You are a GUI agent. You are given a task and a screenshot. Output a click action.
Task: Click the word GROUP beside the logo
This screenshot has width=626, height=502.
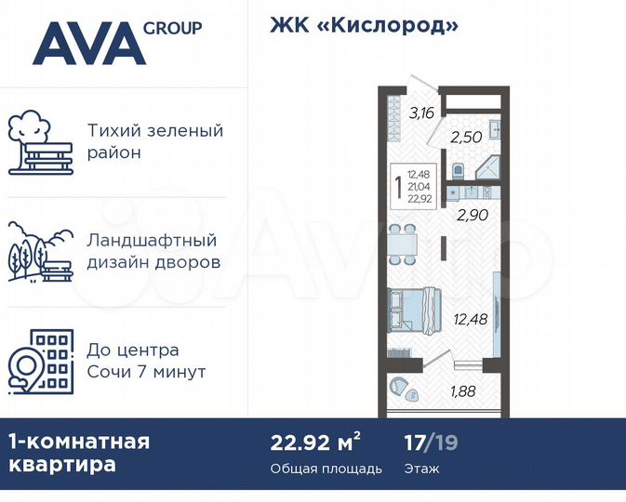[x=173, y=28]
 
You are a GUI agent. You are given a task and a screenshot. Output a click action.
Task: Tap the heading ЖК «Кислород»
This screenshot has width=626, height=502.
[x=364, y=25]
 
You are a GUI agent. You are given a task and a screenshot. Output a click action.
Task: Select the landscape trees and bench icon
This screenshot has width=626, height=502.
[x=40, y=251]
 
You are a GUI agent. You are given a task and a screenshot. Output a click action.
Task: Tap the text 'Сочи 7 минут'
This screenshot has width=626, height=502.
[x=146, y=373]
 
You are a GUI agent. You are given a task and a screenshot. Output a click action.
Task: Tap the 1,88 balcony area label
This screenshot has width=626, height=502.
[x=462, y=391]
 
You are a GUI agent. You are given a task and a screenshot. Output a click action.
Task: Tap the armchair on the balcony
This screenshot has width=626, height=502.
[x=400, y=387]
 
